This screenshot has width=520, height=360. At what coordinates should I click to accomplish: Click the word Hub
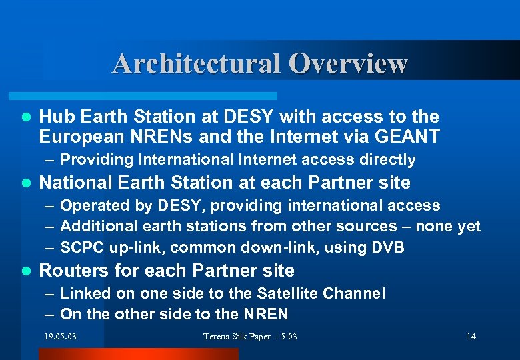tap(55, 117)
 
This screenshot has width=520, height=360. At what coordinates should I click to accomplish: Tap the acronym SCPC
tap(80, 247)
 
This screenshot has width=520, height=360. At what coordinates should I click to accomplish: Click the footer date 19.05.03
tap(60, 337)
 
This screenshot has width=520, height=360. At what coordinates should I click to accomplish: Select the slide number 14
tap(471, 337)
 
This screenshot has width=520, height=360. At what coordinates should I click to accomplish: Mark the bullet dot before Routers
tap(26, 271)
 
